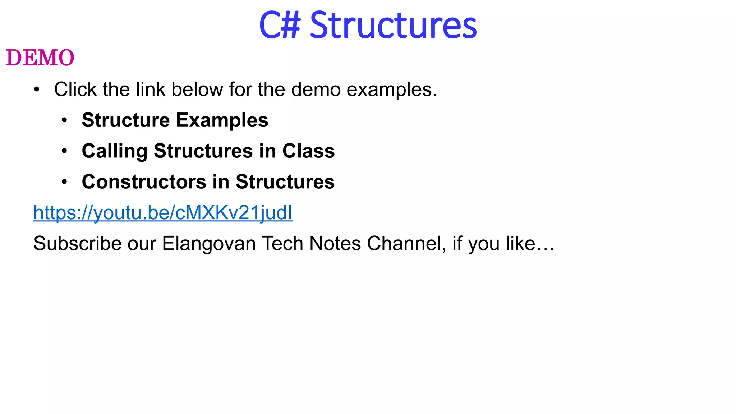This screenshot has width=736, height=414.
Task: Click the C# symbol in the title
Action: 280,25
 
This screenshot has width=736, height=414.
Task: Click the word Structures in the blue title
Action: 393,25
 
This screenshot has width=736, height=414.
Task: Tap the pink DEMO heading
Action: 40,58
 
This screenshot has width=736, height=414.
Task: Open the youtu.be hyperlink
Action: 163,212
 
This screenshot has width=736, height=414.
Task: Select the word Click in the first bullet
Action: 75,89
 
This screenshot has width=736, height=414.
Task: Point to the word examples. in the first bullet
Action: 392,90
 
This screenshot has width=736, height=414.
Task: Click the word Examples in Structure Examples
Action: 222,120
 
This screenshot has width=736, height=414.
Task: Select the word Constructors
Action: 144,182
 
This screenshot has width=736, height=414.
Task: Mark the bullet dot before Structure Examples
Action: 64,120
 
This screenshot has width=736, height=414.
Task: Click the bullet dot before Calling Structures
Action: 64,151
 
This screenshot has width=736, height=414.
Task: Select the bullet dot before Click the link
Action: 37,90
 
